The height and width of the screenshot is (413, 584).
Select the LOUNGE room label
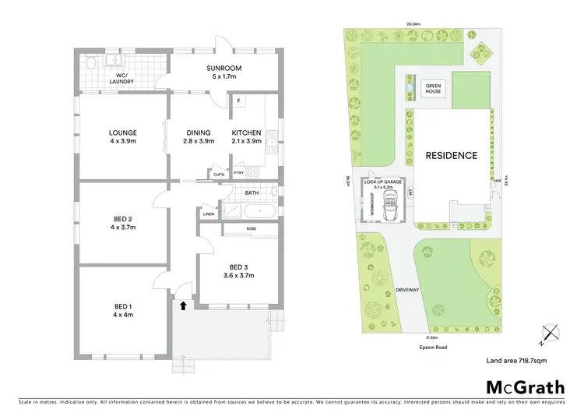click(x=123, y=137)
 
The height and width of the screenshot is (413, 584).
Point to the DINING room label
click(x=199, y=137)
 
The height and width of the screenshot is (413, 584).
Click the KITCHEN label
click(x=246, y=137)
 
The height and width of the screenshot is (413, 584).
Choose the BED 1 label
click(x=123, y=310)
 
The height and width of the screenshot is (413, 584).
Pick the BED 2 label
click(x=123, y=224)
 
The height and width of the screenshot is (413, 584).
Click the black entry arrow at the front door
click(x=183, y=306)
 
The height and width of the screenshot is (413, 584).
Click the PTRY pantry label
click(x=238, y=173)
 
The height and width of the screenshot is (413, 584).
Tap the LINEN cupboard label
click(x=208, y=214)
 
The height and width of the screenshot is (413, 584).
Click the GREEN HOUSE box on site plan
click(x=433, y=88)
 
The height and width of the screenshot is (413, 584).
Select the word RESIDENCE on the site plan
click(x=451, y=156)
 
